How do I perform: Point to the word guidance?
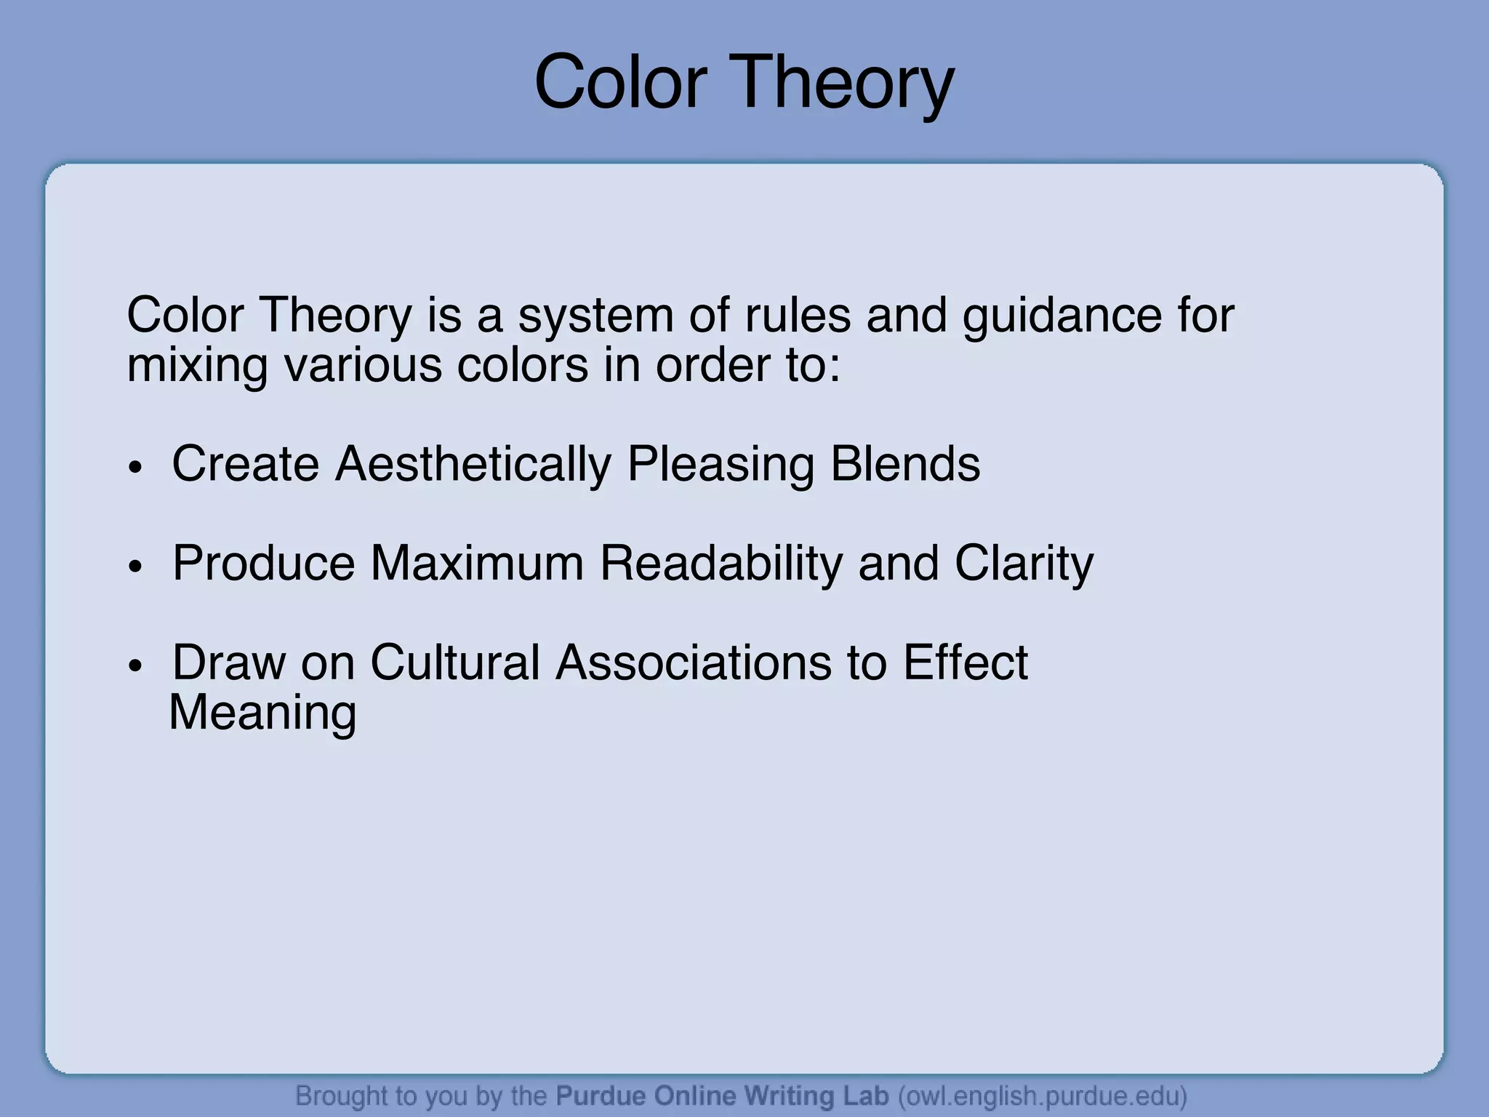(x=1061, y=317)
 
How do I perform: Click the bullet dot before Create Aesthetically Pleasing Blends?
(x=135, y=467)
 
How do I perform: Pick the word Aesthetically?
(x=473, y=464)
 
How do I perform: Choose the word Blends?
(x=905, y=464)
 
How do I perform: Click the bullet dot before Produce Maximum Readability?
(x=135, y=566)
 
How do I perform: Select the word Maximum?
(x=477, y=563)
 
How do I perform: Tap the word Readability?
(x=721, y=564)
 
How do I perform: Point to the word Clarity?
(x=1024, y=564)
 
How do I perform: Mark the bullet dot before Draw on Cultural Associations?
(x=135, y=665)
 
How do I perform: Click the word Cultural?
(x=455, y=662)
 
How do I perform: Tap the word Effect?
(x=965, y=662)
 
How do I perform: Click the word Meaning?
(x=262, y=713)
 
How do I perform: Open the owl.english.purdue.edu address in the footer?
(x=1043, y=1095)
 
